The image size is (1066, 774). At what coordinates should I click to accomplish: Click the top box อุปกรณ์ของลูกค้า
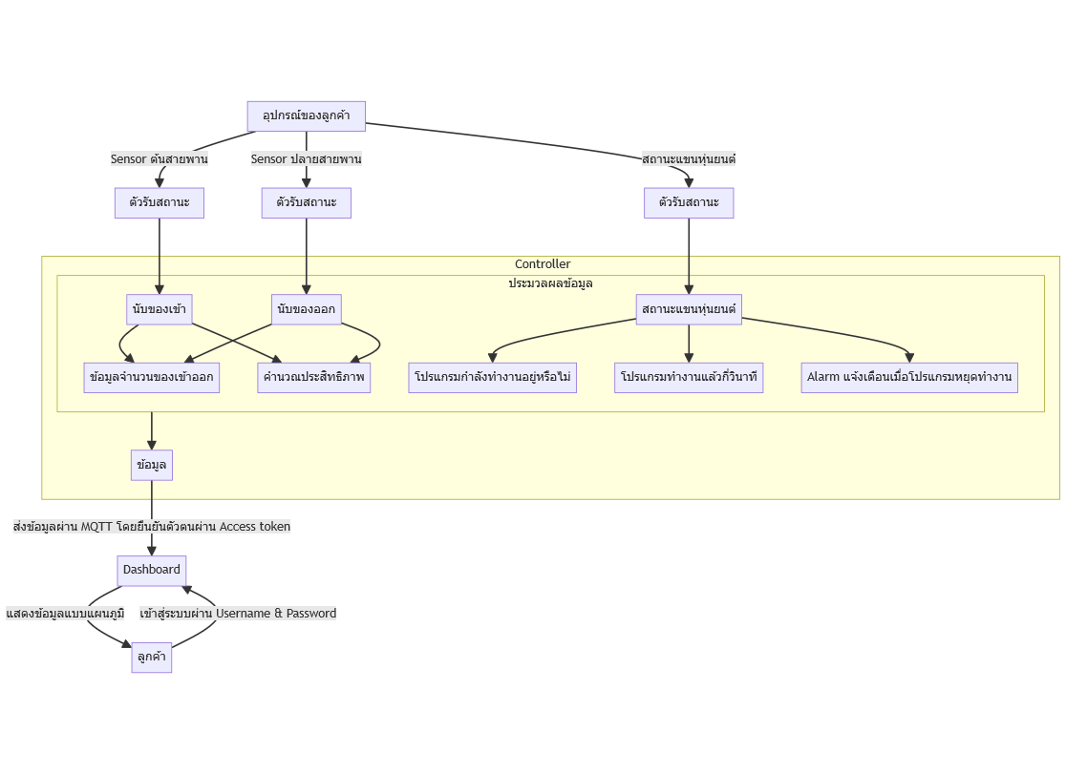click(x=306, y=116)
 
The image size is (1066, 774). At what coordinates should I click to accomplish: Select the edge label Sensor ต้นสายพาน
click(x=160, y=159)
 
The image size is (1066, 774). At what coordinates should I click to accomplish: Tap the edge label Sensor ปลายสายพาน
click(x=306, y=159)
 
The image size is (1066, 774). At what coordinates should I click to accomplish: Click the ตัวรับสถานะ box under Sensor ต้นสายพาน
click(x=160, y=203)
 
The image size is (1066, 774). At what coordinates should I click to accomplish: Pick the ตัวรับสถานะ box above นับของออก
click(x=306, y=203)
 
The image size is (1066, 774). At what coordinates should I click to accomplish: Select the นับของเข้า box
click(x=160, y=309)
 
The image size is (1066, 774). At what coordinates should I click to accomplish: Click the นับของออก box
click(x=306, y=309)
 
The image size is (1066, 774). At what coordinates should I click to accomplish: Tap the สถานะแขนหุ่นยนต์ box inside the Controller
click(x=689, y=309)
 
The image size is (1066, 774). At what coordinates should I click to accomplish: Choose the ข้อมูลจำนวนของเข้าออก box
click(x=152, y=378)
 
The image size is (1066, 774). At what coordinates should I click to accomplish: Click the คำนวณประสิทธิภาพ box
click(x=313, y=378)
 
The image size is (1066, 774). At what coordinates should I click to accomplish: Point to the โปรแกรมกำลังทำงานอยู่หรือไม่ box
click(x=492, y=378)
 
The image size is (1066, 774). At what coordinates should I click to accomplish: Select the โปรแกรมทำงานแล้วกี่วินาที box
click(x=689, y=378)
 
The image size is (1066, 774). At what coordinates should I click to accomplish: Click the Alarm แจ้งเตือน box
click(x=909, y=378)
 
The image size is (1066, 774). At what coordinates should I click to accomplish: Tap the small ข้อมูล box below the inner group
click(x=152, y=466)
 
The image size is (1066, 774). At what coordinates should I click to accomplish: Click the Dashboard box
click(x=152, y=570)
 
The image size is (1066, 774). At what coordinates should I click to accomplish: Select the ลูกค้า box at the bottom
click(x=152, y=658)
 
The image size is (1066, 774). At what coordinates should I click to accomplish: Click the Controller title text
click(x=543, y=264)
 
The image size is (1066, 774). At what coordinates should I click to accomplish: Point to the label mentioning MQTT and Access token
click(x=152, y=527)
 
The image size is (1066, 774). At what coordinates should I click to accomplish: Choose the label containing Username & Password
click(x=238, y=614)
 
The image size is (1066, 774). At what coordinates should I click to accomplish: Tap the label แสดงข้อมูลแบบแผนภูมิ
click(x=65, y=614)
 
